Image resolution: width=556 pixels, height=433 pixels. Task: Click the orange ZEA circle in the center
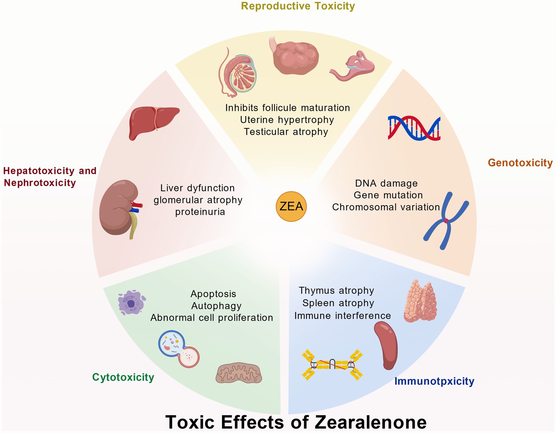pos(291,206)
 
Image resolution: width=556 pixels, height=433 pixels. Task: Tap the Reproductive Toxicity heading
pos(298,6)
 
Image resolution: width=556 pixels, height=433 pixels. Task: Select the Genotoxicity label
pos(520,163)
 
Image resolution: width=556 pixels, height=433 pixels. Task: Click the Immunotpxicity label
pos(434,381)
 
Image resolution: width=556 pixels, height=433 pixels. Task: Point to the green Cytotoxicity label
pos(123,377)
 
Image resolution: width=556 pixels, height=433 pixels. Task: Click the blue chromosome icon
pos(446,220)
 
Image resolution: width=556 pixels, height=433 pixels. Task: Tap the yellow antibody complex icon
pos(332,364)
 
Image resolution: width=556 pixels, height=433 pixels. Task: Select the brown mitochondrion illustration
pos(239,373)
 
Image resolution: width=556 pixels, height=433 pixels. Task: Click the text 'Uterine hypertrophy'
pos(287,120)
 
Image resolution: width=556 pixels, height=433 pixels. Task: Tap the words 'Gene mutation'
pos(388,195)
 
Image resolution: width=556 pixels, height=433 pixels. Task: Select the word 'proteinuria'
pos(200,212)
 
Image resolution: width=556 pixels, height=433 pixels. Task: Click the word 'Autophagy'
pos(216,306)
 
